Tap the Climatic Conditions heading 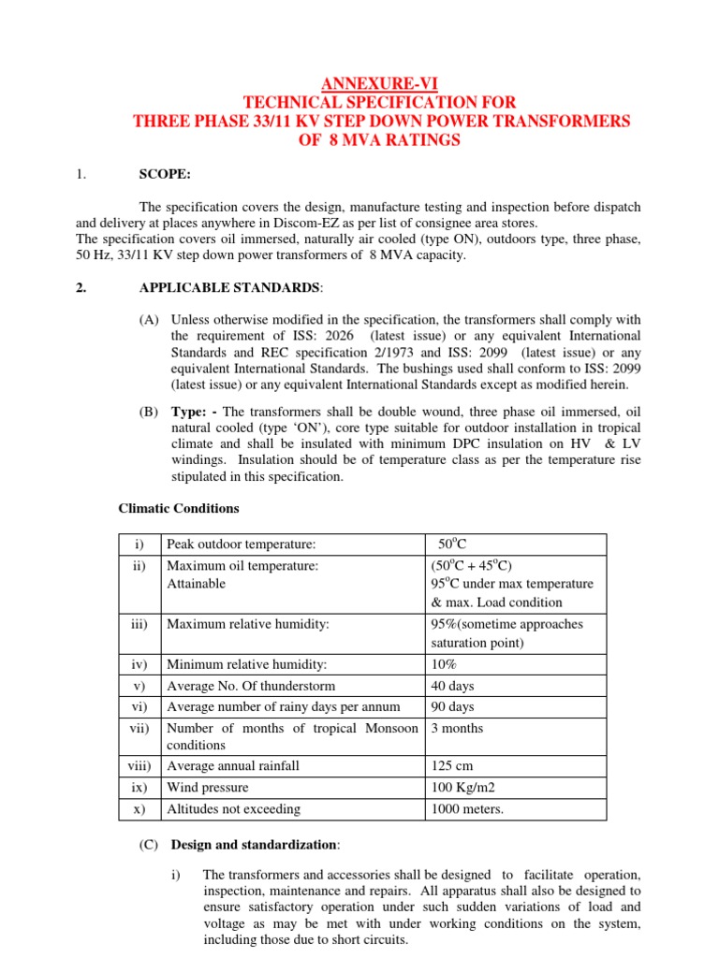178,509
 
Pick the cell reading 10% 444,665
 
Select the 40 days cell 452,686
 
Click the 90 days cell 452,706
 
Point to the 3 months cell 457,728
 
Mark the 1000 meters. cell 466,808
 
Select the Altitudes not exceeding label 233,808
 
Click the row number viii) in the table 139,766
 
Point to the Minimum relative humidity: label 246,665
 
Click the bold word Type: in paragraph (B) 189,413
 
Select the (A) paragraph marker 150,320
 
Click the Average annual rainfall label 232,766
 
